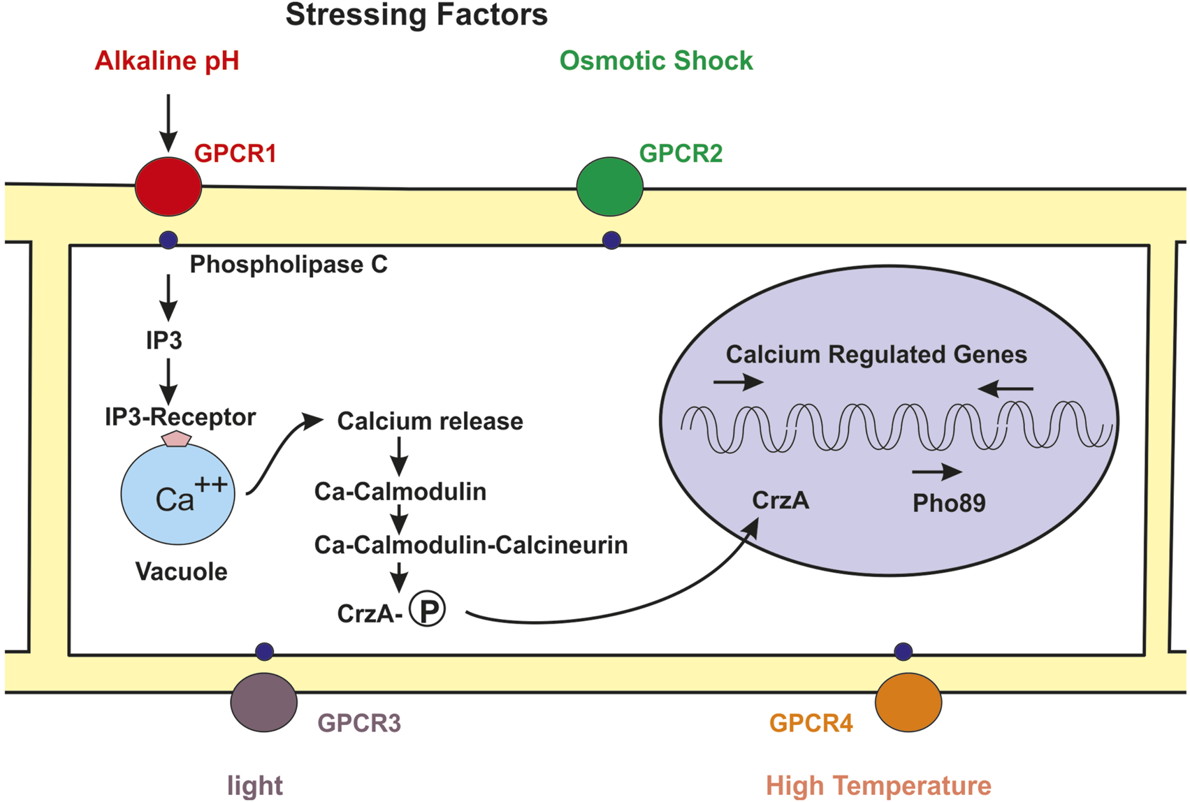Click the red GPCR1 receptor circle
168,187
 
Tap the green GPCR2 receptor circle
609,187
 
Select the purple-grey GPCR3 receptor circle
263,702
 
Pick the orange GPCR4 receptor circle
908,702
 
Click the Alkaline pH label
167,61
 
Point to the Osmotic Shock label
656,61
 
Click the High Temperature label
878,785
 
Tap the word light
255,785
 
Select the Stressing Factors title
416,15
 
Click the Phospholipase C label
289,265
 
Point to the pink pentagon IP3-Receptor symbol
176,439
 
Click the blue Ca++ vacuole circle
177,495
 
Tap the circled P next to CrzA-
427,609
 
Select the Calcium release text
430,421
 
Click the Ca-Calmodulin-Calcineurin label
471,545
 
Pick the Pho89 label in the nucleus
949,503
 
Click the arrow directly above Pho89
937,472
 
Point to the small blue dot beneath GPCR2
611,240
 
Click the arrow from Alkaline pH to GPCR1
168,122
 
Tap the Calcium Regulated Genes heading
876,354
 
